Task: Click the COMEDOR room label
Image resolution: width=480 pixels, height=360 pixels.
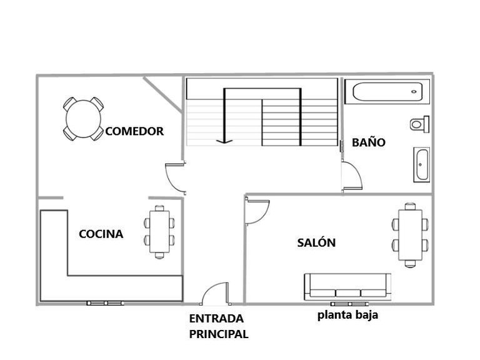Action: (134, 131)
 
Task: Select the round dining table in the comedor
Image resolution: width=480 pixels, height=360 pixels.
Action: (83, 118)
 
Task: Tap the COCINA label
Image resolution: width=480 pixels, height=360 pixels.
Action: (101, 234)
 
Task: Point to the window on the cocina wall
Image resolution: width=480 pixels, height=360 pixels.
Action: (104, 303)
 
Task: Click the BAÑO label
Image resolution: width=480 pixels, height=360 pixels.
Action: (368, 142)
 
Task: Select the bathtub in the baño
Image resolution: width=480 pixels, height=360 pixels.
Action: (387, 92)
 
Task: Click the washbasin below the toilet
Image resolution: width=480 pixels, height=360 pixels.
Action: (421, 165)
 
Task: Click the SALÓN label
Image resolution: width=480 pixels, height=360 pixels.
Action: (316, 243)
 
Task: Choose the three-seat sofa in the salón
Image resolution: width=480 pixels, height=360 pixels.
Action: (347, 285)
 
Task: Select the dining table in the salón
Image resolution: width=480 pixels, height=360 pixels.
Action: (411, 234)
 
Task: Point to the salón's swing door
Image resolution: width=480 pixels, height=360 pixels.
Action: (256, 211)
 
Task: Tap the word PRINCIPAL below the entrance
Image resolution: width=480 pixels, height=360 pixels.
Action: (218, 334)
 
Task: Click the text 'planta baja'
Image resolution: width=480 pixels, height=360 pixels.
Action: (347, 315)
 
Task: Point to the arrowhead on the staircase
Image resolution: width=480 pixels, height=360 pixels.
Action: (224, 141)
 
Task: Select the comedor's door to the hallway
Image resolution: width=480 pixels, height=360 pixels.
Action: (175, 176)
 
